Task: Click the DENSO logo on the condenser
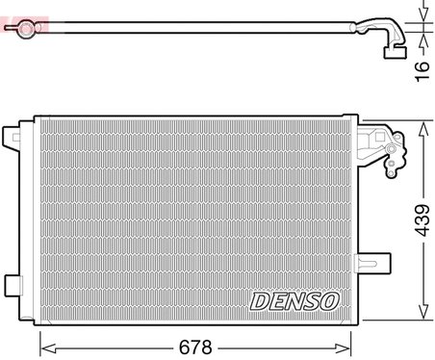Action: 294,301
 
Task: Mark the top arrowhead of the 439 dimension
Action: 422,125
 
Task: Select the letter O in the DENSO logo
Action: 330,301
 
